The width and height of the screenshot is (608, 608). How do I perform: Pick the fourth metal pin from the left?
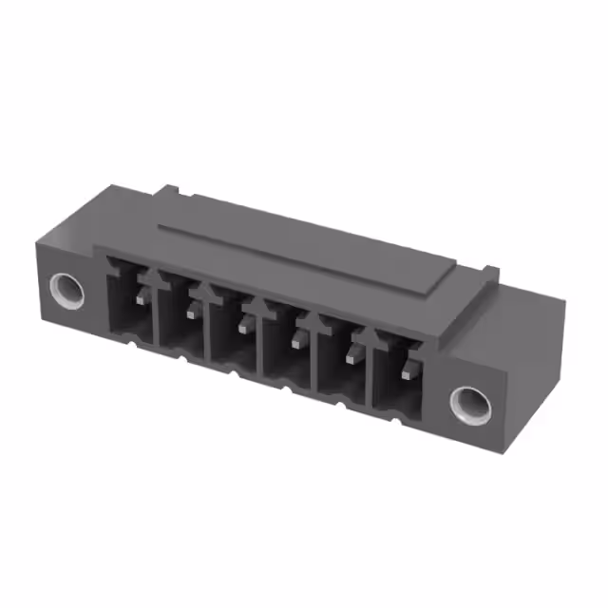click(x=297, y=340)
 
